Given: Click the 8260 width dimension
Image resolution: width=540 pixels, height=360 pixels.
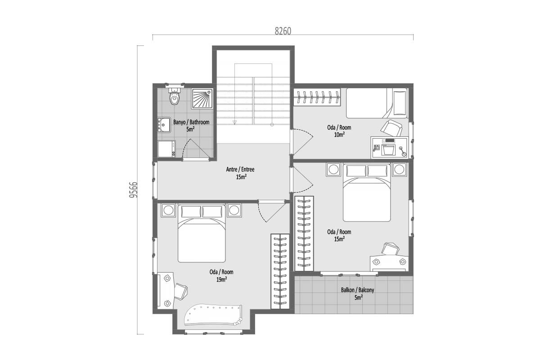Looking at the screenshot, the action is (283, 31).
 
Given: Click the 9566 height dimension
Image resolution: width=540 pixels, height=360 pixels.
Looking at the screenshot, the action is (133, 190).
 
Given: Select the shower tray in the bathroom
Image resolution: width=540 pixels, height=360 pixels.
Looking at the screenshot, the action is (202, 99).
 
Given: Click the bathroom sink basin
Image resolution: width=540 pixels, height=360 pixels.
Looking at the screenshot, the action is (164, 125).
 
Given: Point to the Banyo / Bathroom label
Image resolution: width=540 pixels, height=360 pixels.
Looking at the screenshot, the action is (191, 126).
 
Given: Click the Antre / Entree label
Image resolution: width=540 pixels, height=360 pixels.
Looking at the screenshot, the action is (240, 173).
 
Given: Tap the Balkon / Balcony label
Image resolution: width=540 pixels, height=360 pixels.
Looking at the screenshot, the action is (357, 293).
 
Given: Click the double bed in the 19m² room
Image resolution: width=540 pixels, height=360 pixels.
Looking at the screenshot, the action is (202, 234).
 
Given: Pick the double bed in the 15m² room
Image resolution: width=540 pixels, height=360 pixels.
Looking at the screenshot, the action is (367, 193).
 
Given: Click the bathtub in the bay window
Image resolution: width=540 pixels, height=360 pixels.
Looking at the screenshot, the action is (213, 315).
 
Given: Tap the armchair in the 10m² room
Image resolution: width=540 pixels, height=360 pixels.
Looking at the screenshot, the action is (392, 128).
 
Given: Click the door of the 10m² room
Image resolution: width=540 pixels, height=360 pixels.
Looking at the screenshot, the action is (301, 142).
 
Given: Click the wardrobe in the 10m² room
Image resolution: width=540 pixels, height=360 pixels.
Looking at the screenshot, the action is (317, 97).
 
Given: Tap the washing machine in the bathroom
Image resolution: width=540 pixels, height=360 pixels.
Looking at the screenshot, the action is (166, 149).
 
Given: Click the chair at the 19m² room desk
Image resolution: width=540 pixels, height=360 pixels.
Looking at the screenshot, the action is (180, 292).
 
